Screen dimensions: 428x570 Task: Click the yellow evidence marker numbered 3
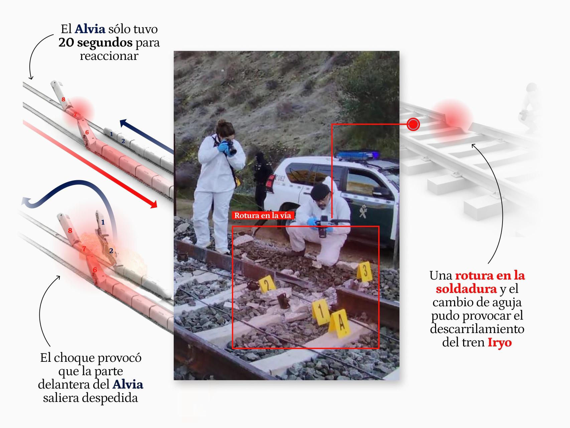tap(365, 271)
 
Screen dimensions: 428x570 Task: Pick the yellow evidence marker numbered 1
tap(321, 312)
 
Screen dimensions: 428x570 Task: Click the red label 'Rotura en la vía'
tap(262, 215)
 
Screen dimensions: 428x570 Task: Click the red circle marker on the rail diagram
tap(413, 124)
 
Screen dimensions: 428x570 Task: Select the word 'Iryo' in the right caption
tap(500, 343)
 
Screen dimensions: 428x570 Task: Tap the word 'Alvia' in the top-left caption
tap(90, 29)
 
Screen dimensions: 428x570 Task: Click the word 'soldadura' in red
tap(466, 289)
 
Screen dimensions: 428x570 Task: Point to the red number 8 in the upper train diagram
tap(63, 99)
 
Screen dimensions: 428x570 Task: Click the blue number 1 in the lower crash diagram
tap(103, 222)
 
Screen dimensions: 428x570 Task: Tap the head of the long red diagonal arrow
tap(153, 204)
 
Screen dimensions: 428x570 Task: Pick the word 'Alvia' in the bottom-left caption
tap(128, 385)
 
